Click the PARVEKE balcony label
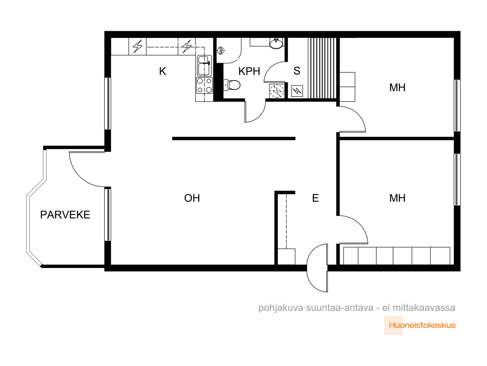(65, 215)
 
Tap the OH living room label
(192, 198)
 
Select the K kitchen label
(163, 71)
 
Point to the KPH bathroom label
(249, 71)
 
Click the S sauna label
(297, 71)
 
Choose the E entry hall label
(315, 198)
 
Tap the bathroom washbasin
(276, 43)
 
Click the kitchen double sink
(204, 66)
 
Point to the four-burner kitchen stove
(204, 85)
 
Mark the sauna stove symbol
(297, 91)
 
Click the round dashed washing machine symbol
(277, 91)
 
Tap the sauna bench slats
(322, 68)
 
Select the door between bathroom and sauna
(275, 72)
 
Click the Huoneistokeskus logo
(419, 325)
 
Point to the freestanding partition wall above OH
(234, 138)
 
